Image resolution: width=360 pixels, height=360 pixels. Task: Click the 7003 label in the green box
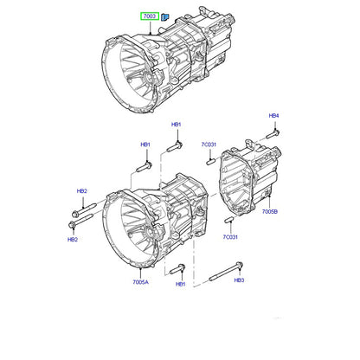point(150,16)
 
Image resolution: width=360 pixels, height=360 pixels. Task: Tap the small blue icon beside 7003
point(165,17)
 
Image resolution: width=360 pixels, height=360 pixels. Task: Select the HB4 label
point(273,116)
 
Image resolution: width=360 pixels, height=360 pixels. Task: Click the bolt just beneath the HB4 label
point(273,134)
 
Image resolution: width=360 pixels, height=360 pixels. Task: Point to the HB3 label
point(239,280)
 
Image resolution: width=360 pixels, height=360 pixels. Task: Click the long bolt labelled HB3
point(226,272)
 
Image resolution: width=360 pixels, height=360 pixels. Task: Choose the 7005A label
point(140,282)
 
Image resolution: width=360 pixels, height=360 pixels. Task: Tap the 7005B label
point(270,212)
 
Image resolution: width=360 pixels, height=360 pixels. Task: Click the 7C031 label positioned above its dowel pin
point(209,145)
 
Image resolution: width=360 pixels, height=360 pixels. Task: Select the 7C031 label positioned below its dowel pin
point(230,237)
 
